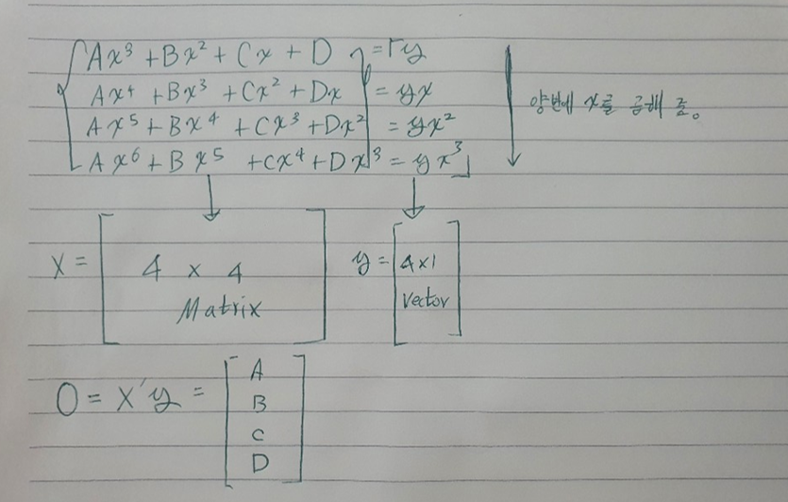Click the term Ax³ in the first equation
[x=105, y=59]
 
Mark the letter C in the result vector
[x=257, y=437]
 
